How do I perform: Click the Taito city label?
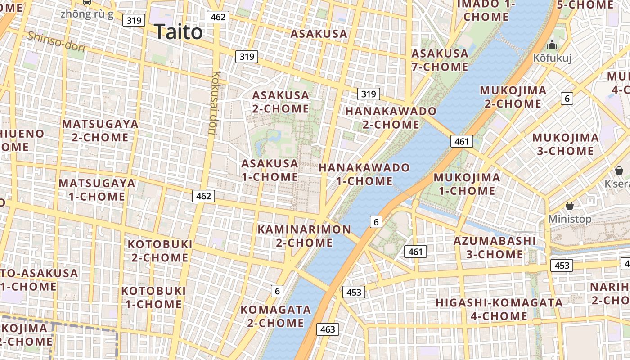[178, 32]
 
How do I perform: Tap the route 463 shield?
[328, 329]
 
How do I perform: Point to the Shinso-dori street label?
[56, 41]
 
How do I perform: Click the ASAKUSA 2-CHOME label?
[280, 102]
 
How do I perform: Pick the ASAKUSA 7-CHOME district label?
[440, 60]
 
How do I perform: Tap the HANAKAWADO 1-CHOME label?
[364, 174]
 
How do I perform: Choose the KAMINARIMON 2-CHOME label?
[304, 236]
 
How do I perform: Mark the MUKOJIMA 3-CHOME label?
[565, 144]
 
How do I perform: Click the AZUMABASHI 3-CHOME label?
[494, 247]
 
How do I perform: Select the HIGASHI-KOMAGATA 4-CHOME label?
[499, 309]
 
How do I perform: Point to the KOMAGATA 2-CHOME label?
[275, 316]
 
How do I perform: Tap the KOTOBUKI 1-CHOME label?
[153, 297]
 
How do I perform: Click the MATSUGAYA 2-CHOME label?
[100, 130]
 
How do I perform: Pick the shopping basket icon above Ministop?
[570, 206]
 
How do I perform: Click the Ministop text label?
[569, 219]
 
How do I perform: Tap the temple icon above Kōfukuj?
[552, 45]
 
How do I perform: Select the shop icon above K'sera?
[619, 171]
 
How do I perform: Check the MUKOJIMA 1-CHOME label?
[467, 184]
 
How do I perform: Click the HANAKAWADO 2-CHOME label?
[391, 117]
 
